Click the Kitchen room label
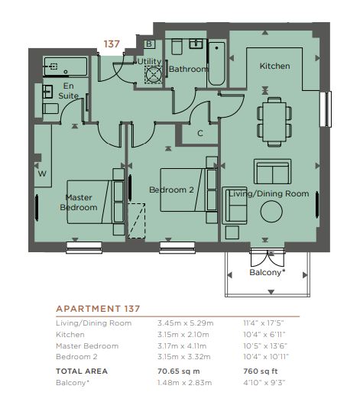[x=274, y=66]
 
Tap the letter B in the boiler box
[x=149, y=44]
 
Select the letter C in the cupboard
[x=200, y=133]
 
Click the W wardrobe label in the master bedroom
[x=42, y=173]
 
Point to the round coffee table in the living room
[x=271, y=212]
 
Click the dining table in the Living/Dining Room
[x=274, y=122]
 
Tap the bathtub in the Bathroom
[x=216, y=63]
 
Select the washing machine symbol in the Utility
[x=154, y=75]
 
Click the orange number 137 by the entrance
[x=112, y=44]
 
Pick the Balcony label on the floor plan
[x=268, y=272]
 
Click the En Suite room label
[x=68, y=91]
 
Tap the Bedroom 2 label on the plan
[x=171, y=190]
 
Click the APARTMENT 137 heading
[x=98, y=309]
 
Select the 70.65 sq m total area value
[x=179, y=371]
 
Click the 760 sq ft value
[x=261, y=371]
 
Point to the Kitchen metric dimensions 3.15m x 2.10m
[x=183, y=335]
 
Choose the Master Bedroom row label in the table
[x=87, y=346]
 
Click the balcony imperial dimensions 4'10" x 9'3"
[x=264, y=383]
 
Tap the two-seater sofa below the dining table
[x=272, y=171]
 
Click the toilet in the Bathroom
[x=177, y=47]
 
